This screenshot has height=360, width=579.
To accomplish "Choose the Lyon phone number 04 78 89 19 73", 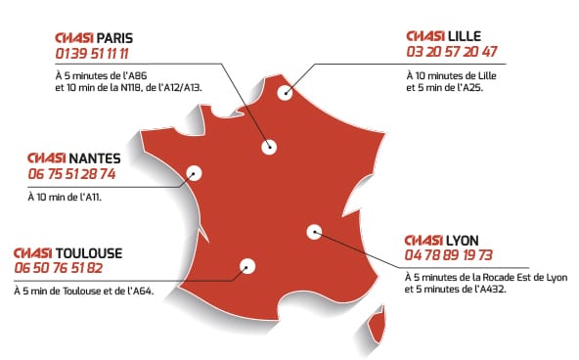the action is [x=448, y=256].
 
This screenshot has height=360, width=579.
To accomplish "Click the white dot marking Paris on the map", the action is [x=269, y=147].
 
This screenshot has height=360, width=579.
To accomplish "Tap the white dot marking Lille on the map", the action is [x=286, y=94].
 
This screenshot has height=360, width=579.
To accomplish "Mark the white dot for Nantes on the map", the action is [x=194, y=173].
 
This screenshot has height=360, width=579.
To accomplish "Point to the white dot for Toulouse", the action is [x=246, y=264].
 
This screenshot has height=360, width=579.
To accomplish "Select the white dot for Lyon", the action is [x=314, y=232].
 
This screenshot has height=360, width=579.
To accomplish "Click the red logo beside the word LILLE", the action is [x=424, y=35].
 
